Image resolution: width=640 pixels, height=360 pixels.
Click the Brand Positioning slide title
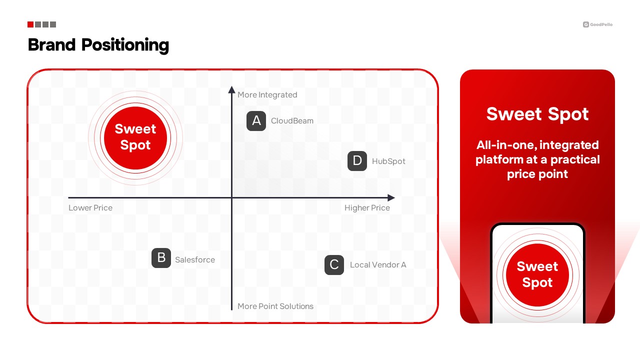click(x=98, y=45)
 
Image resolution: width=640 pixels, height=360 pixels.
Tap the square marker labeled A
click(x=256, y=121)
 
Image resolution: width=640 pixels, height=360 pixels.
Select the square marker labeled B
click(x=161, y=258)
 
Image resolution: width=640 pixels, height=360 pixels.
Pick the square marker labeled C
click(x=334, y=265)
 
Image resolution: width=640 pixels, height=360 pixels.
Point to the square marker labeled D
click(x=357, y=161)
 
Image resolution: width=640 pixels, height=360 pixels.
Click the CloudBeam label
click(x=292, y=121)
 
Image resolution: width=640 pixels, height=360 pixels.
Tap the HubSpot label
click(x=388, y=161)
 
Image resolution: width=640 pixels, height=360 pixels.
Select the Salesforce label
click(x=195, y=259)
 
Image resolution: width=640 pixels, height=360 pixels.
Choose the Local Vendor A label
click(x=378, y=265)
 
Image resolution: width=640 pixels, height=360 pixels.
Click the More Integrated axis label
click(x=267, y=95)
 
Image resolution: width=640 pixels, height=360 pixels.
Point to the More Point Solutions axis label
click(x=275, y=306)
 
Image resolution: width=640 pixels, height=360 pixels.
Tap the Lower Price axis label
click(x=90, y=207)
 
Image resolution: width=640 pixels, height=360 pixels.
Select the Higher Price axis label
click(x=367, y=207)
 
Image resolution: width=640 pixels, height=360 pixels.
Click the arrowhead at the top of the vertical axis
click(x=231, y=89)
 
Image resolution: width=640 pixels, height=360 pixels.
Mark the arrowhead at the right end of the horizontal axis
click(x=391, y=197)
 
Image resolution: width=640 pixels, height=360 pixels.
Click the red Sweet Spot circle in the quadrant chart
click(x=135, y=138)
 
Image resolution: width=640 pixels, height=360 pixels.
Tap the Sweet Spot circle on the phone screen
click(x=537, y=275)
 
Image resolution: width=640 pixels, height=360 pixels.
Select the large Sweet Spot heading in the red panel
click(x=537, y=114)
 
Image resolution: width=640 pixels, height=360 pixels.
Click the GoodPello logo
click(x=597, y=24)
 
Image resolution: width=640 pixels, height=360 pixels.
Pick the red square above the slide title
click(x=30, y=24)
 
